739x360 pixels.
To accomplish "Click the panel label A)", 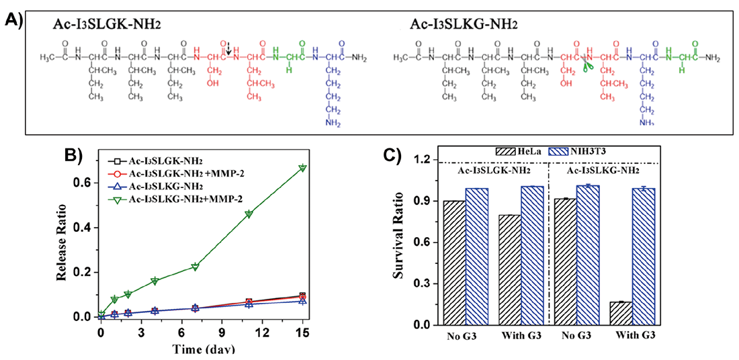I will click(x=13, y=20).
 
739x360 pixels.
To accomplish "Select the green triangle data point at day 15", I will click(x=302, y=167).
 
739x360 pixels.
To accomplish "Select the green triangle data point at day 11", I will click(x=249, y=214).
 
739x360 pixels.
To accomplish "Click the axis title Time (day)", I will click(x=202, y=349).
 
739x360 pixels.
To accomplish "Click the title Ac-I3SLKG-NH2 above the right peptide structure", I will click(x=462, y=24).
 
